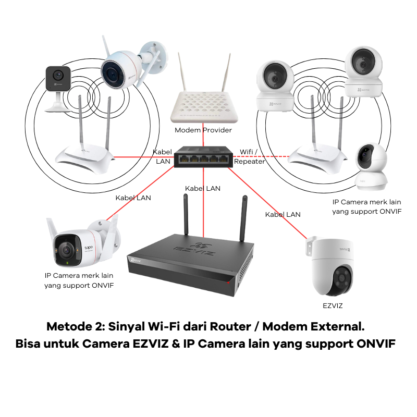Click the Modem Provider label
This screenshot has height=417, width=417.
tap(203, 130)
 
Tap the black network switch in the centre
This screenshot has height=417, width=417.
tap(203, 156)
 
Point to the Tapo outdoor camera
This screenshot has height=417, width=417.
tap(78, 245)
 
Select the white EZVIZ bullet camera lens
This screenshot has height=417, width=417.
tap(111, 72)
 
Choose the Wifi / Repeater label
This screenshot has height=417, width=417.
tap(249, 156)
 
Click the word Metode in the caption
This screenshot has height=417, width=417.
tap(67, 327)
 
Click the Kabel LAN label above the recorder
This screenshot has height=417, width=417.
tap(203, 188)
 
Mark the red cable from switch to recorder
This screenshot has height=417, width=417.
tap(203, 208)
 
